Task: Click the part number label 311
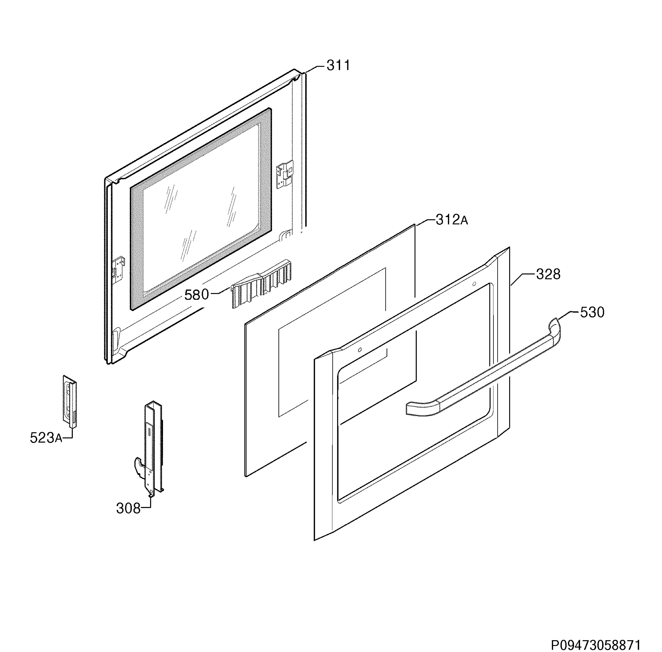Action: click(x=338, y=65)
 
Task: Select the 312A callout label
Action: click(x=451, y=220)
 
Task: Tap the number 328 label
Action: click(x=548, y=274)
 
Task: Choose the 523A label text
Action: click(x=46, y=438)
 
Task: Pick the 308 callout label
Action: click(x=128, y=509)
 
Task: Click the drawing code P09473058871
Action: click(x=595, y=645)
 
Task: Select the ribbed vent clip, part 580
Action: click(x=261, y=284)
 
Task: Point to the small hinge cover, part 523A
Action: click(x=69, y=401)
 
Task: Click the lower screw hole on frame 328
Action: click(x=360, y=350)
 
